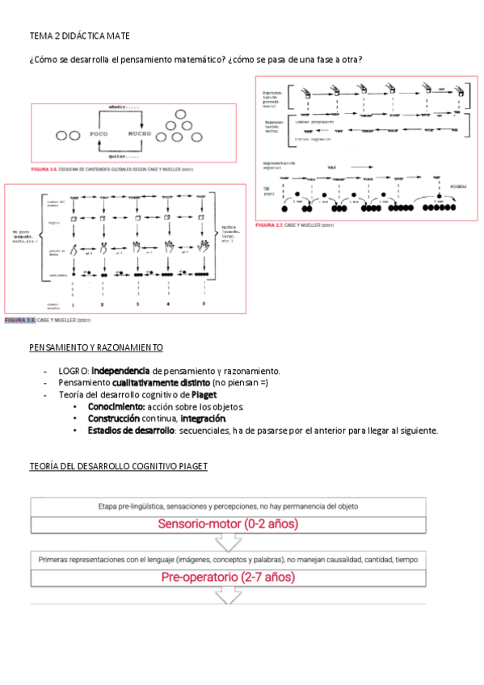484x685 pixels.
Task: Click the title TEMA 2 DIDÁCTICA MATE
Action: tap(79, 36)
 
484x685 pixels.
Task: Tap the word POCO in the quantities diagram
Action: tap(99, 133)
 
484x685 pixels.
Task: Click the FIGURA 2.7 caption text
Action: tap(295, 225)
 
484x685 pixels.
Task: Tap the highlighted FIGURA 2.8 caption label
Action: tap(20, 321)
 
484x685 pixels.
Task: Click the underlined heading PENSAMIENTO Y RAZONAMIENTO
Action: tap(95, 347)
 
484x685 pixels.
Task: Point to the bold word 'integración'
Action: tap(203, 418)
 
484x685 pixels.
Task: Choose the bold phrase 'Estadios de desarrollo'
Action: tap(130, 431)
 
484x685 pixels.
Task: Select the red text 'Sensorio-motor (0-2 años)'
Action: tap(228, 523)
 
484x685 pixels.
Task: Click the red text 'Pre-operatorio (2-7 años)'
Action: tap(228, 578)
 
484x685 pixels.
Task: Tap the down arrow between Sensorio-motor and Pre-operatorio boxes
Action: tap(228, 543)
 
